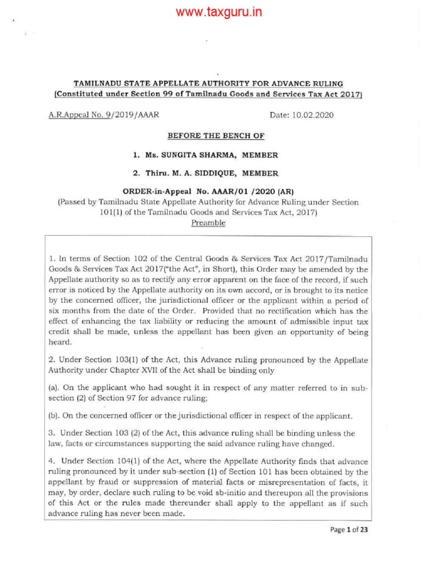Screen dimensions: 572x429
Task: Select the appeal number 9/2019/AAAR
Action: [x=138, y=115]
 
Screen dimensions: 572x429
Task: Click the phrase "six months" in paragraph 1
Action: [x=70, y=311]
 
